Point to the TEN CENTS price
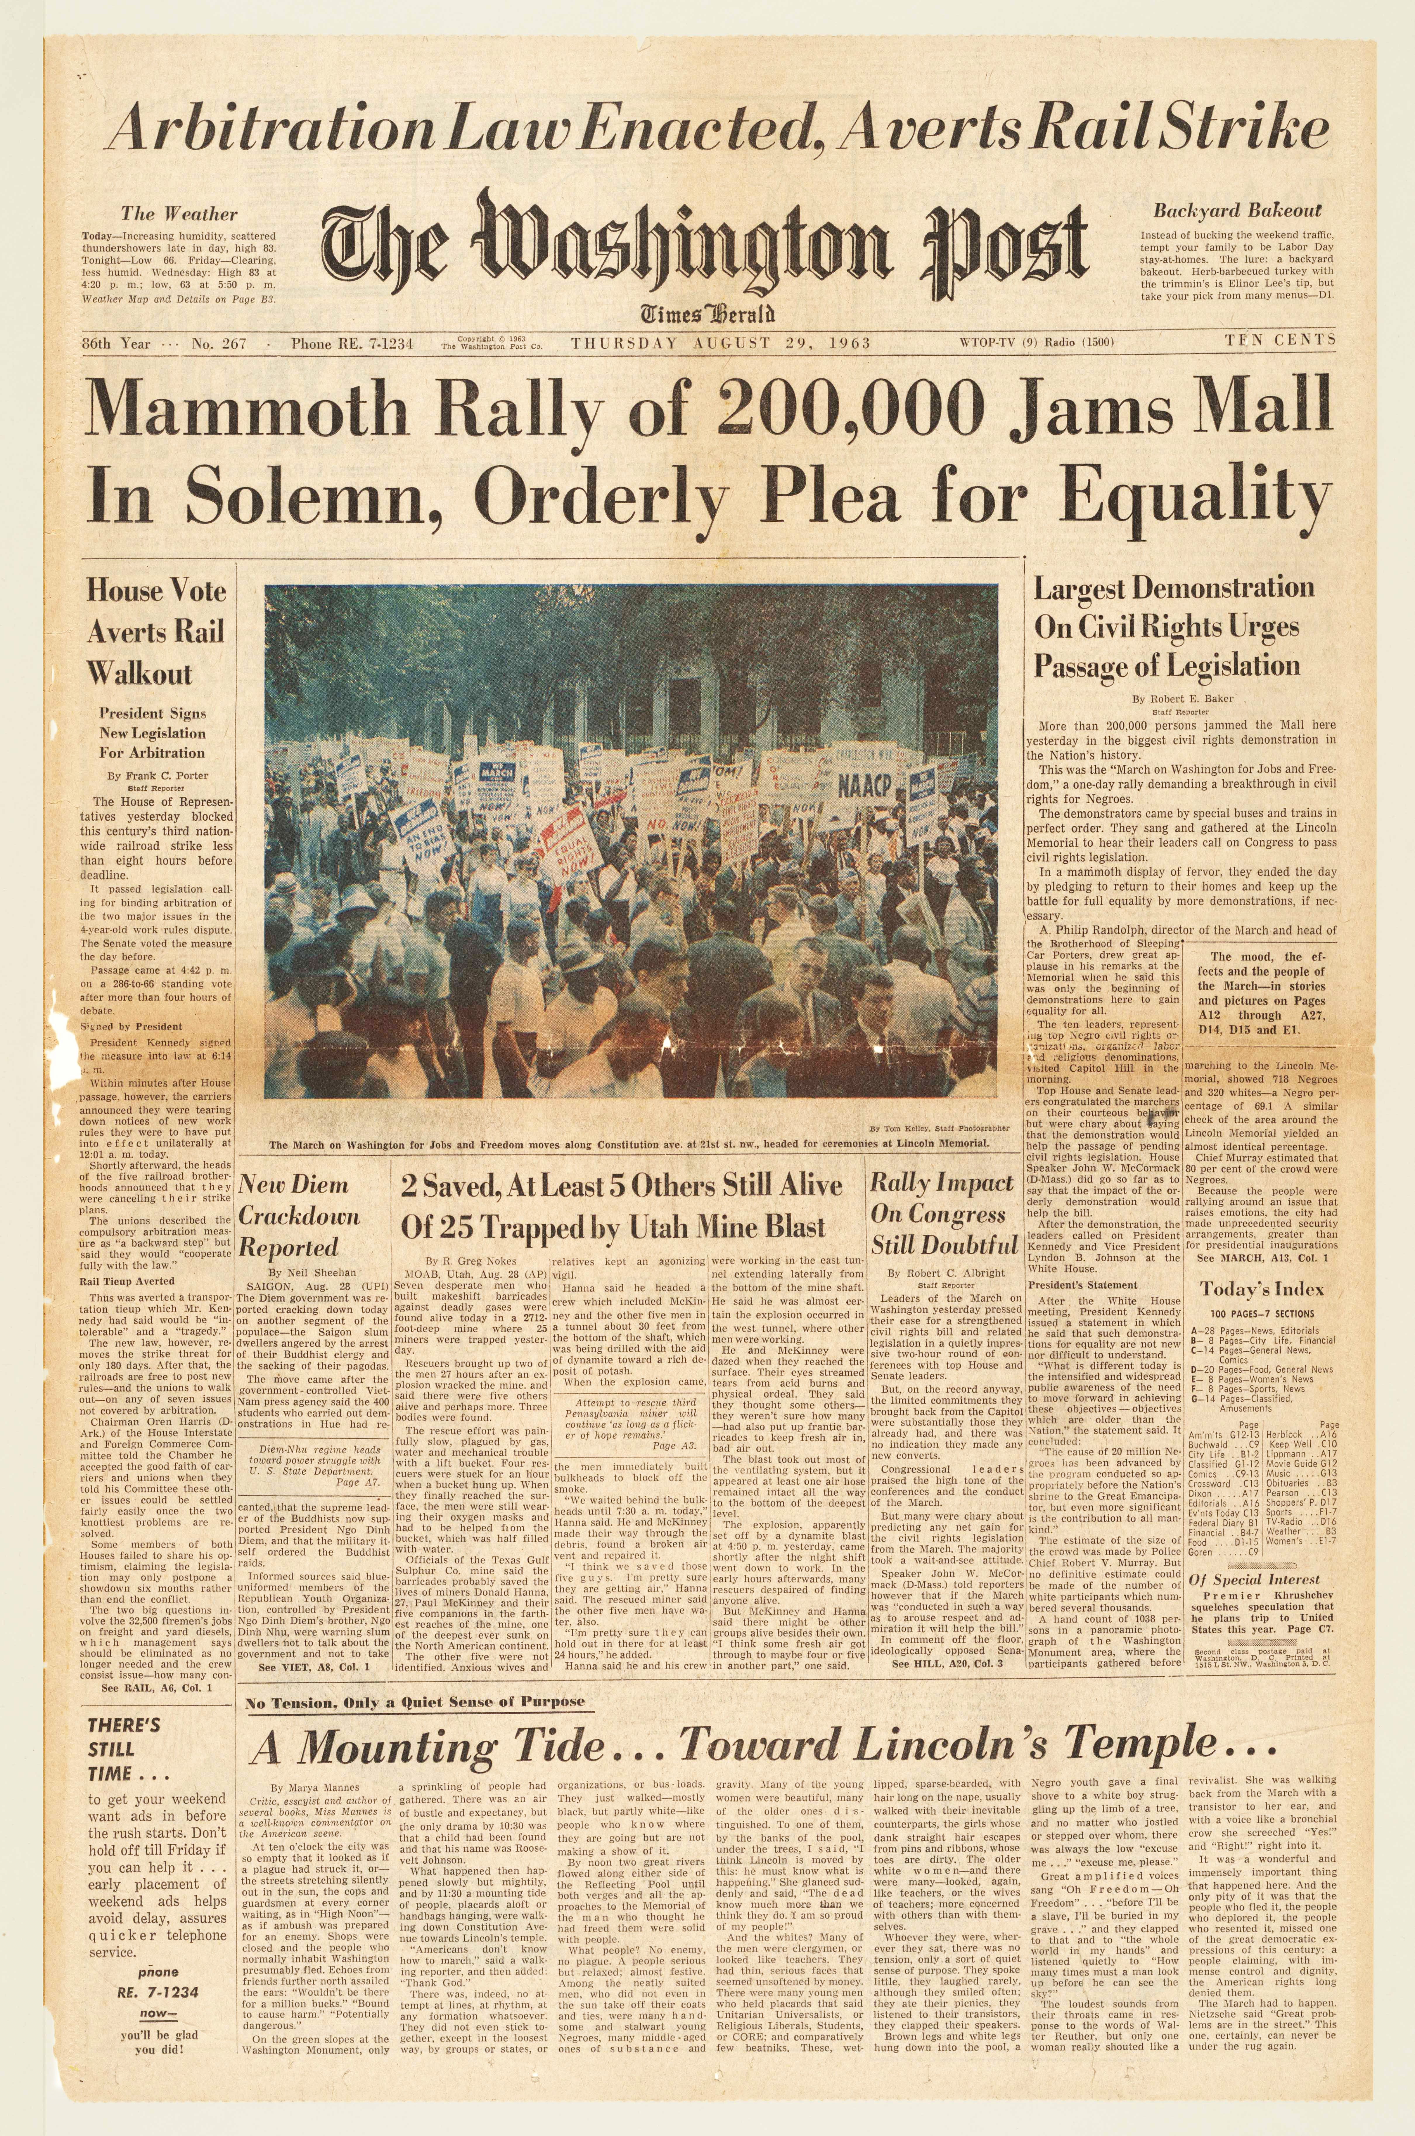pyautogui.click(x=1280, y=340)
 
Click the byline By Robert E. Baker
pyautogui.click(x=1182, y=698)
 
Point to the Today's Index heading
pyautogui.click(x=1261, y=1290)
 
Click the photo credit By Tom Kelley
pyautogui.click(x=939, y=1128)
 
